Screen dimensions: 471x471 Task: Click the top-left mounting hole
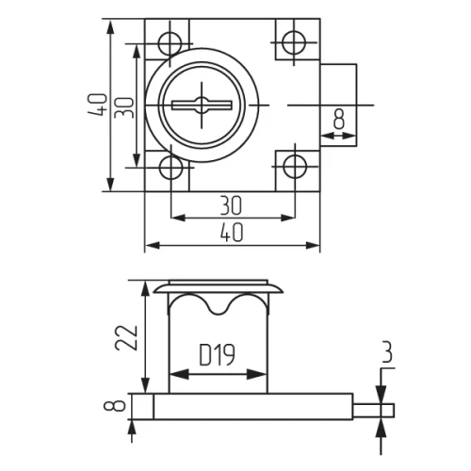point(171,43)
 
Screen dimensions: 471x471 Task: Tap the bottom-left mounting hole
point(171,168)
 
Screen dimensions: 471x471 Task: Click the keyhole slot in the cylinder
point(205,105)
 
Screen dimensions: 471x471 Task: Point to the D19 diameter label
point(218,355)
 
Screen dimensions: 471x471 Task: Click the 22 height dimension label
point(131,335)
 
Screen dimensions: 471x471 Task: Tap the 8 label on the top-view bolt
point(339,119)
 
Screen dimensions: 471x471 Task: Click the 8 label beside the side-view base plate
point(118,407)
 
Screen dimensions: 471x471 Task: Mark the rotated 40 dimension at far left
point(98,104)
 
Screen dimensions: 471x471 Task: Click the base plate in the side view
point(245,407)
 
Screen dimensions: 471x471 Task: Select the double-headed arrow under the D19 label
point(218,374)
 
